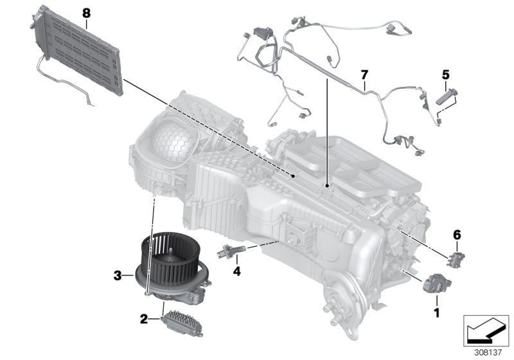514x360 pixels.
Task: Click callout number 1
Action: tap(437, 313)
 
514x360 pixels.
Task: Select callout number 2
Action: tap(144, 318)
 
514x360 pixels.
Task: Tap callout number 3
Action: tap(117, 276)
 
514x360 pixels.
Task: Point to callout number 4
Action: tap(236, 271)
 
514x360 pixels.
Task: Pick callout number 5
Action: tap(445, 75)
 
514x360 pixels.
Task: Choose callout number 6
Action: tap(457, 236)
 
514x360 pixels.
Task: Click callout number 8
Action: tap(87, 12)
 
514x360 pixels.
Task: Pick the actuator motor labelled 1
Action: tap(431, 285)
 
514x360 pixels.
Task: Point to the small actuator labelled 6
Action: tap(456, 256)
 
